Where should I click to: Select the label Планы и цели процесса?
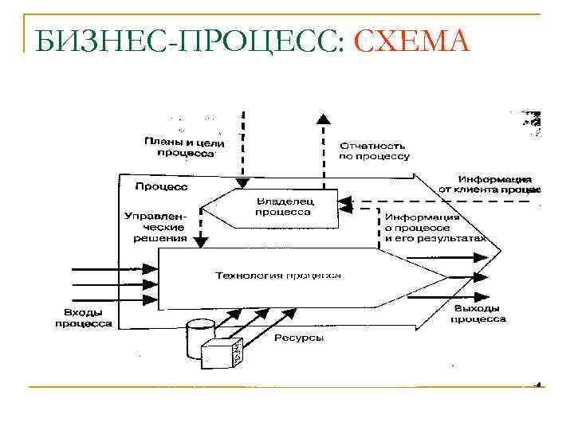pos(184,147)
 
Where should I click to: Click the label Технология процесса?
pos(278,275)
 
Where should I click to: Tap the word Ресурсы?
pos(299,338)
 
